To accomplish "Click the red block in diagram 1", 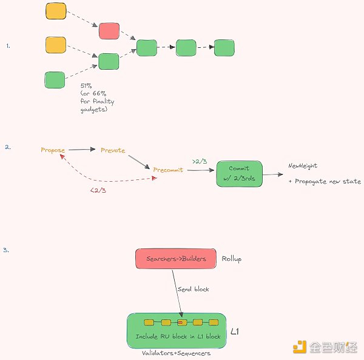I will (x=109, y=31).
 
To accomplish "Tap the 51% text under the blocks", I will (x=86, y=86).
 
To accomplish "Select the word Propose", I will (x=53, y=150).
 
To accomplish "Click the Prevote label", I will (x=113, y=150).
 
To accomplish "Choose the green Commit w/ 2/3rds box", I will (x=239, y=173).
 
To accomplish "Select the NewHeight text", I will (x=303, y=165).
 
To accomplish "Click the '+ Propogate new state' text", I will (x=324, y=181).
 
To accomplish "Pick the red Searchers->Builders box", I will (x=176, y=259).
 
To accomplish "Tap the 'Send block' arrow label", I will (x=194, y=289).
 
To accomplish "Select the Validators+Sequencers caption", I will (x=176, y=353).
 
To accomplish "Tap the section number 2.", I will (x=7, y=147).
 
